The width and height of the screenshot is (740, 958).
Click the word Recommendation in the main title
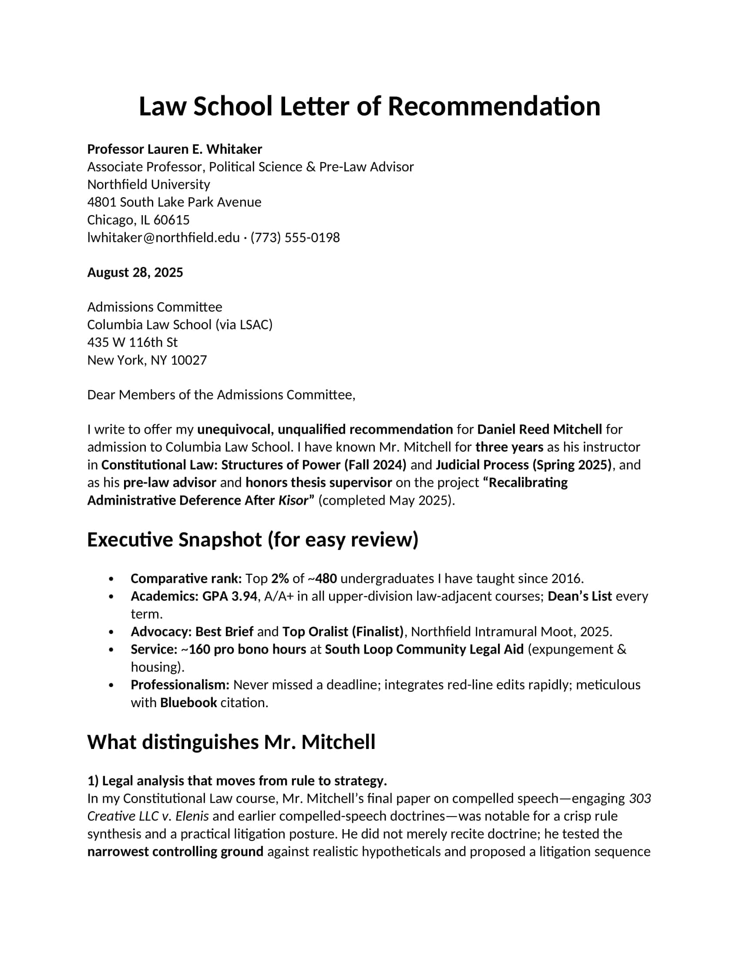(x=494, y=107)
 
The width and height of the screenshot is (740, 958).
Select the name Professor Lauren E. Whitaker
(x=175, y=149)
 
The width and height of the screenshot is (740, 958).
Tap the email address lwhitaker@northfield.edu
(x=163, y=238)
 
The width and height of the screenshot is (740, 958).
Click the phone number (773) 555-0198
(x=295, y=238)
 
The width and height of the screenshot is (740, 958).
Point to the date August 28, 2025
(x=135, y=273)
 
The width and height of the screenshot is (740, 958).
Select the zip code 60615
(x=172, y=220)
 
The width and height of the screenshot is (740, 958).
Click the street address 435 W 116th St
(x=132, y=342)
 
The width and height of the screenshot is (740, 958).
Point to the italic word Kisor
(x=293, y=500)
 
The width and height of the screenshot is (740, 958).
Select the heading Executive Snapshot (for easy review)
(x=252, y=540)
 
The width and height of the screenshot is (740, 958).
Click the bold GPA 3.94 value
(x=229, y=596)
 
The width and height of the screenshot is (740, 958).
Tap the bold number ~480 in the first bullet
(x=322, y=579)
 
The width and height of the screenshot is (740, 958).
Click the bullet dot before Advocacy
(x=111, y=632)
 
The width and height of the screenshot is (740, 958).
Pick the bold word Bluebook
(x=188, y=703)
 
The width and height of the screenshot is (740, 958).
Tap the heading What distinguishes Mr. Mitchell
(x=231, y=742)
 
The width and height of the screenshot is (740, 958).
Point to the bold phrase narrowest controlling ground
(x=175, y=852)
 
